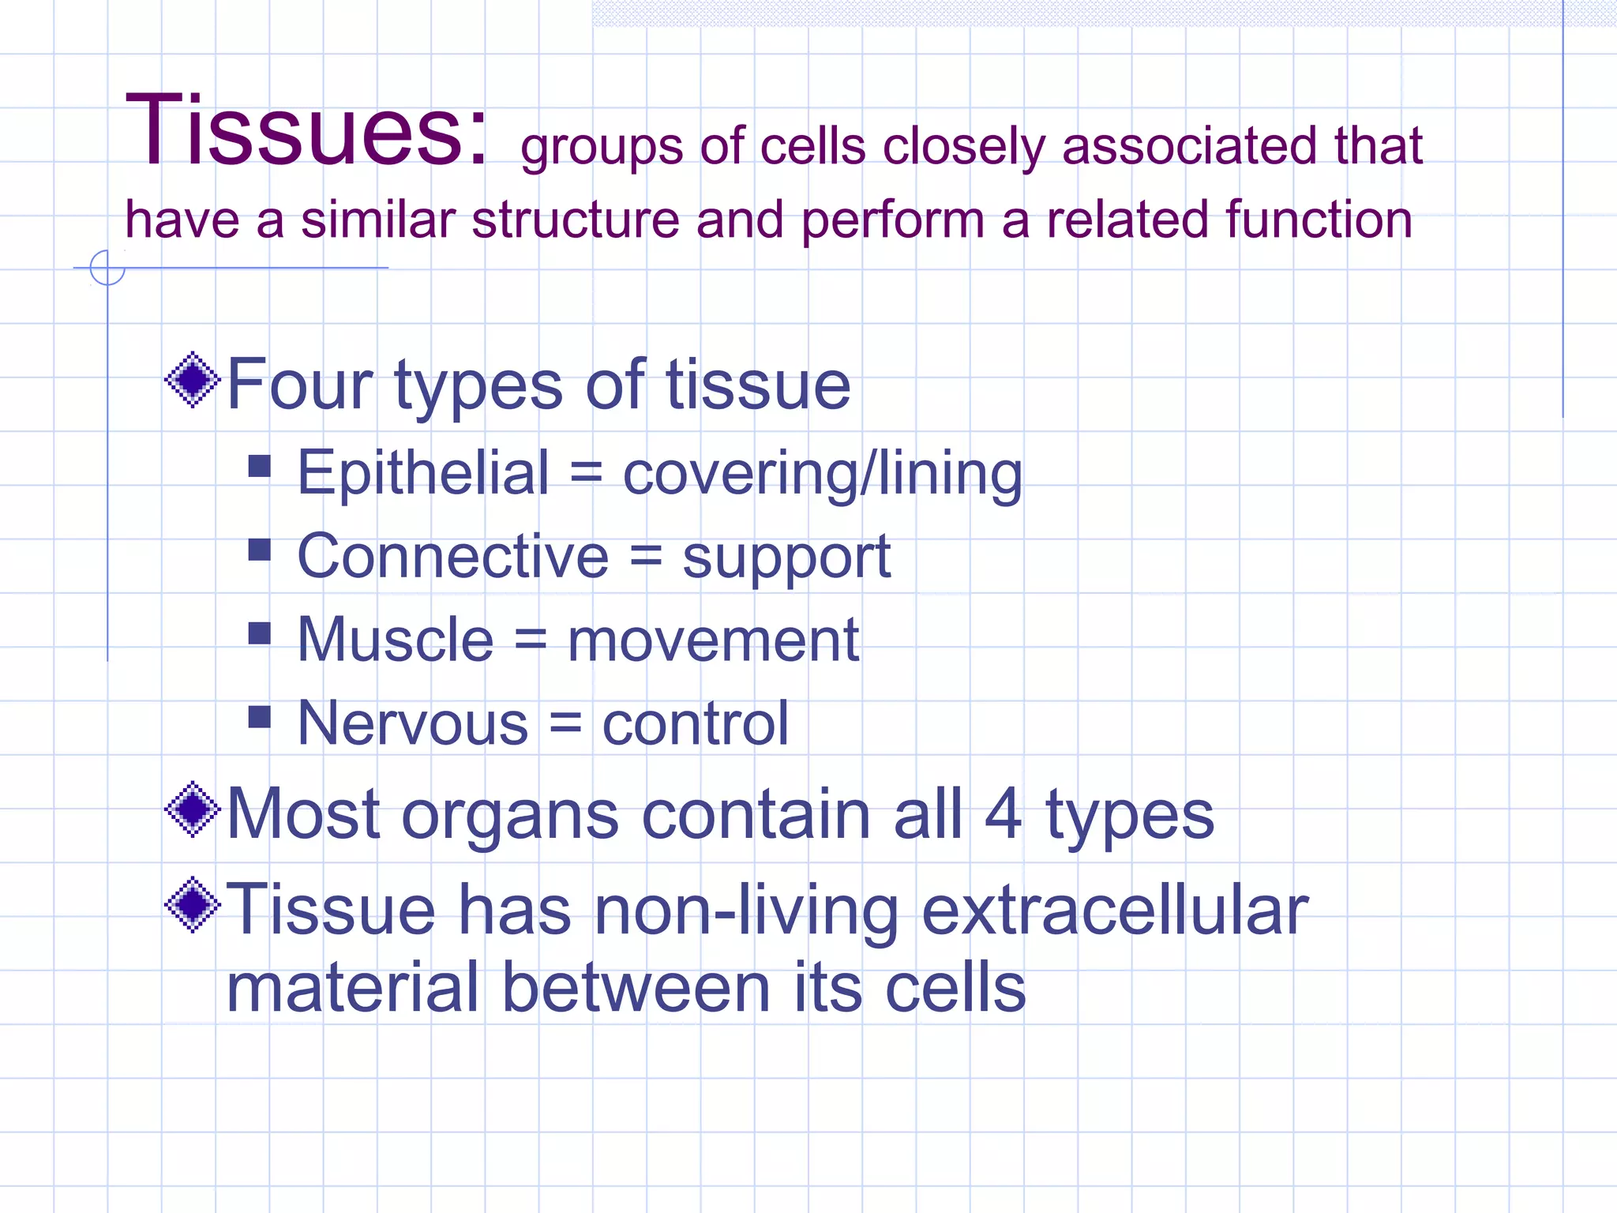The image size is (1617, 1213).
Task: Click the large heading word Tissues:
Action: pyautogui.click(x=306, y=130)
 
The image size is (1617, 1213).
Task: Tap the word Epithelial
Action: pyautogui.click(x=422, y=473)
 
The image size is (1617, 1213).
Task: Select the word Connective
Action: pyautogui.click(x=452, y=557)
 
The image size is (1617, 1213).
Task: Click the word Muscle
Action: pyautogui.click(x=395, y=640)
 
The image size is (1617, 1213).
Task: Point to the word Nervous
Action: pyautogui.click(x=412, y=723)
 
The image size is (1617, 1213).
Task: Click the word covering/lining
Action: pyautogui.click(x=822, y=475)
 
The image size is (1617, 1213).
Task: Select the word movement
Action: pyautogui.click(x=713, y=641)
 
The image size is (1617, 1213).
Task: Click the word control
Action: pyautogui.click(x=695, y=723)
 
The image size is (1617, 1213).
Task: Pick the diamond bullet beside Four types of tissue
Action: pyautogui.click(x=192, y=381)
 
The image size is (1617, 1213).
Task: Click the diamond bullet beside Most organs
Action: pyautogui.click(x=192, y=809)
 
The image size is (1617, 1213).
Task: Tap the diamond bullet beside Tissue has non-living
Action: pyautogui.click(x=192, y=905)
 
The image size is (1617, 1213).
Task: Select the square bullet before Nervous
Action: pyautogui.click(x=259, y=716)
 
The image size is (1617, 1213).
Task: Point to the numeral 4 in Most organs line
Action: pyautogui.click(x=1003, y=815)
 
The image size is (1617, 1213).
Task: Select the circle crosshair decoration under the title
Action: pyautogui.click(x=107, y=268)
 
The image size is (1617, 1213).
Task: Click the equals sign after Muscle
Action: pyautogui.click(x=531, y=641)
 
